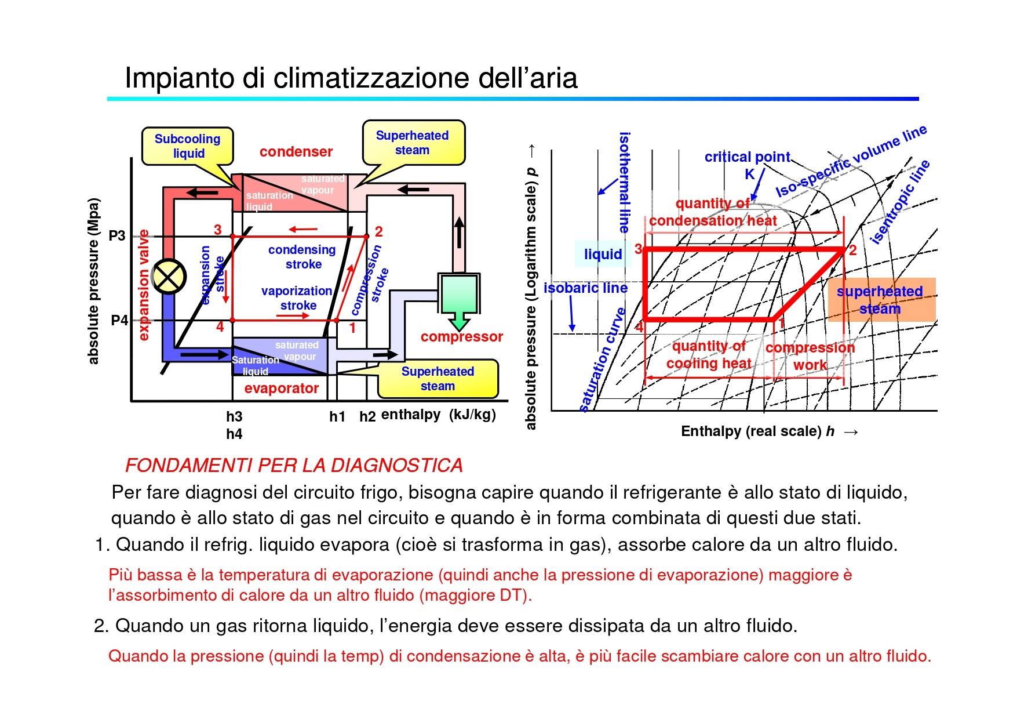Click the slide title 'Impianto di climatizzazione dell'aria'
pos(351,78)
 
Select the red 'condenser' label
pos(296,152)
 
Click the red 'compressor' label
pos(462,337)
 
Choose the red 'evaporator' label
pos(282,388)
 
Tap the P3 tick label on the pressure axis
pos(117,236)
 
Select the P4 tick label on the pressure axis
pos(119,320)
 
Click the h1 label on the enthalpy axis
pos(337,416)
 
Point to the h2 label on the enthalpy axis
pos(367,416)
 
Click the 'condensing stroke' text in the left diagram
pos(302,257)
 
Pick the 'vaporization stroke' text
pos(297,298)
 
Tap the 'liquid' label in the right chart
pos(603,254)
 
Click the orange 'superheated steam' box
pos(881,300)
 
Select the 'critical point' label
pos(748,157)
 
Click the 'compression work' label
pos(810,356)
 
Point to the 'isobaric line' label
pos(585,288)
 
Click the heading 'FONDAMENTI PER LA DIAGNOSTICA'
pos(294,465)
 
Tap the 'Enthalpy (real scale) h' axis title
pos(758,431)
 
